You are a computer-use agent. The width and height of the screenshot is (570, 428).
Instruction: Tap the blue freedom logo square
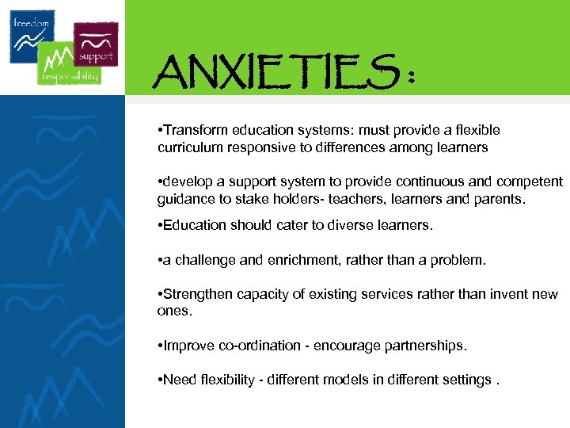pyautogui.click(x=32, y=36)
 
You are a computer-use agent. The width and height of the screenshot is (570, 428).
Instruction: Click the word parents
pyautogui.click(x=498, y=199)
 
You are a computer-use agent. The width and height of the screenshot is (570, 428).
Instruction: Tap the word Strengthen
pyautogui.click(x=198, y=294)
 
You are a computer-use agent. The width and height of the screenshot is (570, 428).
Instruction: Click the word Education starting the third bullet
pyautogui.click(x=194, y=225)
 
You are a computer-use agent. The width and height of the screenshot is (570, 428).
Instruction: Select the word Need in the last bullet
pyautogui.click(x=177, y=380)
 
